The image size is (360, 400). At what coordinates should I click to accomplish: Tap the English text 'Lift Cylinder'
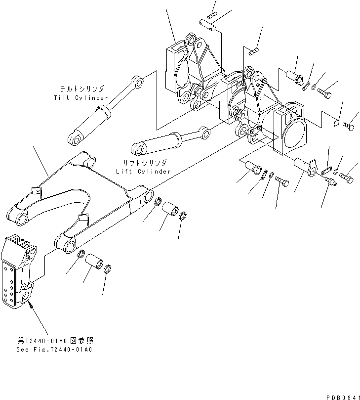pos(143,171)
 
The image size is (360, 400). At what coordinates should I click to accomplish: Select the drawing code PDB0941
pos(341,394)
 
